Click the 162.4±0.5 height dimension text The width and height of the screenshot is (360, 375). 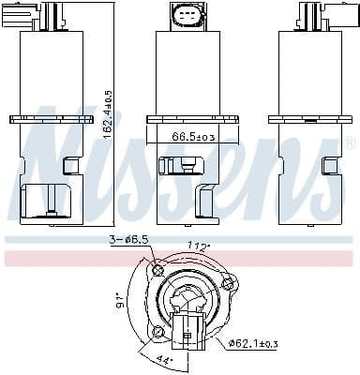109,114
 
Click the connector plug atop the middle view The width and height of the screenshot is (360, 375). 184,16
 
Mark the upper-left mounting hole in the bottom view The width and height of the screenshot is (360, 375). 157,271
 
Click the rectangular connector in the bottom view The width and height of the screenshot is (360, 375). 188,331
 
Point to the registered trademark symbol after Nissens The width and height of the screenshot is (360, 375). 350,143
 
